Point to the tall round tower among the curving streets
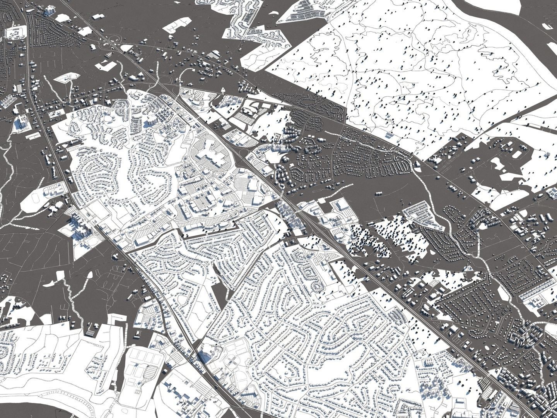(151, 120)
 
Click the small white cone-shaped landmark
(223, 90)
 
